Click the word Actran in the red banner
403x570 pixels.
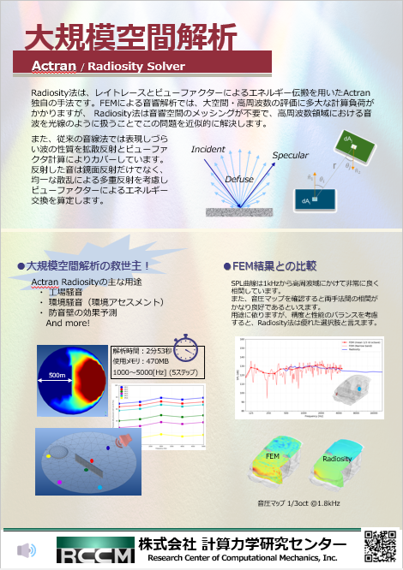(x=56, y=66)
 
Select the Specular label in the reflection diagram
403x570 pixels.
(x=290, y=156)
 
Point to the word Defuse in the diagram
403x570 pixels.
(x=238, y=181)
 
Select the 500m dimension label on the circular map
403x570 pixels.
(x=57, y=376)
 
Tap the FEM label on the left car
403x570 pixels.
(x=273, y=458)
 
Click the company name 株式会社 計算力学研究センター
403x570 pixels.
(x=243, y=544)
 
